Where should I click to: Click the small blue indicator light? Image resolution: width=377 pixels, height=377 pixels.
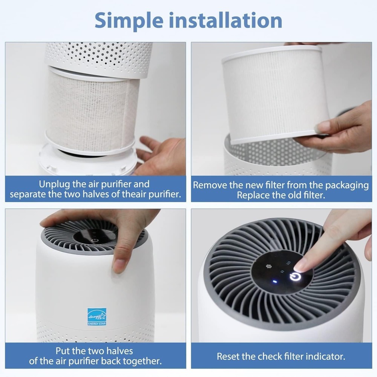tap(275, 281)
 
